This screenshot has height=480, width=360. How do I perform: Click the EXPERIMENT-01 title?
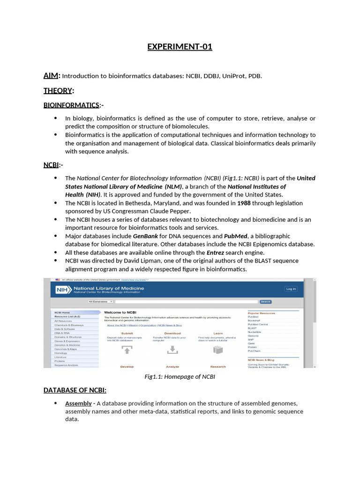(180, 47)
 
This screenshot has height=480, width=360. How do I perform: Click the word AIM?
(52, 76)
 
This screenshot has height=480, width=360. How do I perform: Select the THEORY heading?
(58, 90)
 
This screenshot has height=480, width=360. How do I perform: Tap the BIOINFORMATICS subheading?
(71, 105)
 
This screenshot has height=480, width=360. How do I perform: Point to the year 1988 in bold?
(244, 203)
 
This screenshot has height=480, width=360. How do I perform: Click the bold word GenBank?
(145, 236)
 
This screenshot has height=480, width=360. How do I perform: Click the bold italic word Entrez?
(216, 253)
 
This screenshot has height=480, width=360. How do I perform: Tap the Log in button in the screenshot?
(291, 289)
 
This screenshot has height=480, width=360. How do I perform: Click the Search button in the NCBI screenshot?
(265, 302)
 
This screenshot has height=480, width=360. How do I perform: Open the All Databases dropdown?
(100, 302)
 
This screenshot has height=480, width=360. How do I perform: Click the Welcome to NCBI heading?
(120, 312)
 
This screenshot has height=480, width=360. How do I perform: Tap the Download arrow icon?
(172, 349)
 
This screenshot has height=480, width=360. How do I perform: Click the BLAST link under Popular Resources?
(252, 328)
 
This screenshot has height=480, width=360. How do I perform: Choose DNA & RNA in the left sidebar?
(62, 333)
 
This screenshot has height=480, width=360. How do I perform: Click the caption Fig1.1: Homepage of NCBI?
(180, 376)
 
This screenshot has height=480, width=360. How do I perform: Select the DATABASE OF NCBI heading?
(75, 390)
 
